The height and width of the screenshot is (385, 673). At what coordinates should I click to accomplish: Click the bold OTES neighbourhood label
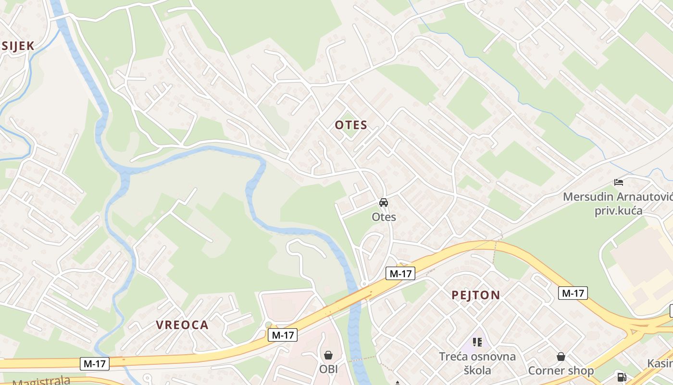351,125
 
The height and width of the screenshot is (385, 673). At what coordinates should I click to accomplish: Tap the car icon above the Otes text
383,203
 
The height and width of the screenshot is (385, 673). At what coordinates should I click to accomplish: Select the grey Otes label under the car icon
384,217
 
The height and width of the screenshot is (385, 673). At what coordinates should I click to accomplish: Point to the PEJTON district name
475,295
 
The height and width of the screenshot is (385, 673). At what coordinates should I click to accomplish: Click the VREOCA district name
182,325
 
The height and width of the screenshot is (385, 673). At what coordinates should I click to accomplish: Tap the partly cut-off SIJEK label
18,46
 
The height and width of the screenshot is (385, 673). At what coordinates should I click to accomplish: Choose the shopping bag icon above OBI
328,355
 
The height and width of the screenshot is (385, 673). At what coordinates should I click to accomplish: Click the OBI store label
328,369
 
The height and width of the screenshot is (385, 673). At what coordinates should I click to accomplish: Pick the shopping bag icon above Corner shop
561,357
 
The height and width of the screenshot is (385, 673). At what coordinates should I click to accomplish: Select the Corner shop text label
561,371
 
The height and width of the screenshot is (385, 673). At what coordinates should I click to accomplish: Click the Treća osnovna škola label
477,363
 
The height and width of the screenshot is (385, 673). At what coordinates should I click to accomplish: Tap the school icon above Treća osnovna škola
477,342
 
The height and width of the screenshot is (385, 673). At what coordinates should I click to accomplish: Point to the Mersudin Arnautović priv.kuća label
618,204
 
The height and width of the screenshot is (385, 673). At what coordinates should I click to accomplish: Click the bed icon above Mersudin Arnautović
619,182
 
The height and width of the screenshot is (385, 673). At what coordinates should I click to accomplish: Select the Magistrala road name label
41,381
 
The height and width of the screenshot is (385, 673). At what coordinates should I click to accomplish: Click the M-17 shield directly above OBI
283,335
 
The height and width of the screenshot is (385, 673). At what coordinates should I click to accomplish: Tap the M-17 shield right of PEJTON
573,293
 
